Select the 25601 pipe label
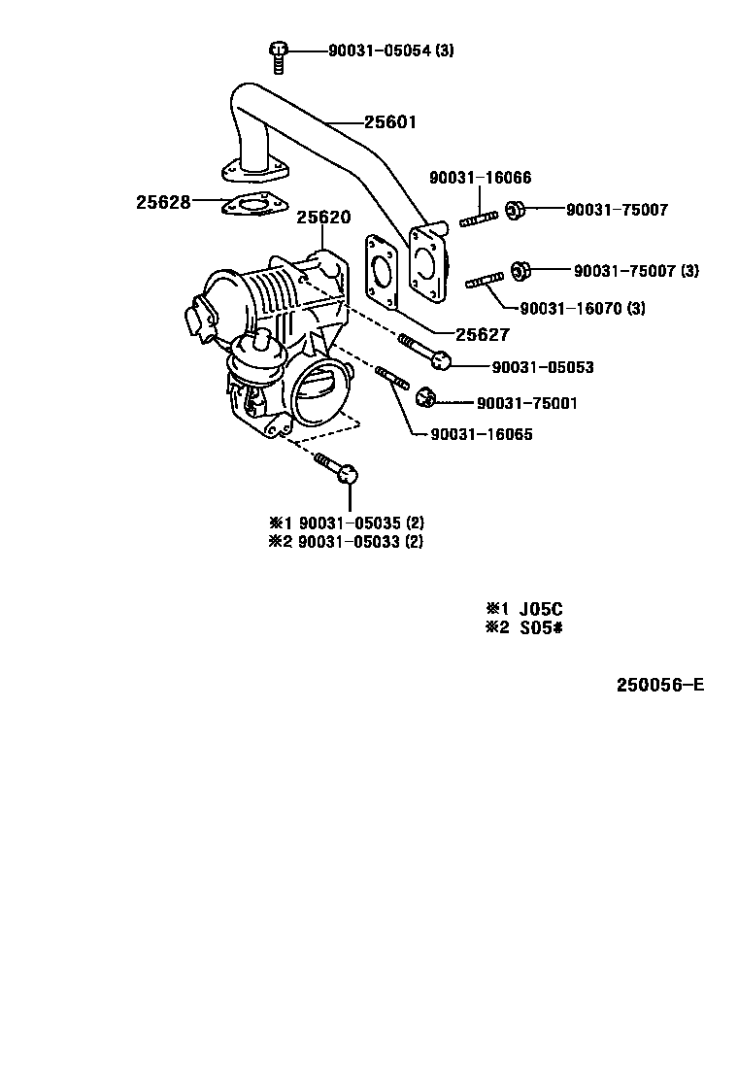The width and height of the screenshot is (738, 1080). coord(390,122)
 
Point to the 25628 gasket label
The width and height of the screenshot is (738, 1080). coord(162,202)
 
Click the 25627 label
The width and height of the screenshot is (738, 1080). coord(483,335)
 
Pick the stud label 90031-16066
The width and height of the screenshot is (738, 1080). coord(481,178)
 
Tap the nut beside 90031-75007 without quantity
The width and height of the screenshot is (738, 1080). coord(515,210)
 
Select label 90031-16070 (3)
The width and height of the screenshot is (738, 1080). coord(583,308)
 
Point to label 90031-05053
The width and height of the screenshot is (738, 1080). coord(543,367)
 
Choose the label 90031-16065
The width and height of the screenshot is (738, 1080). coord(482,434)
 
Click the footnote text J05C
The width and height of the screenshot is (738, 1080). coord(541,609)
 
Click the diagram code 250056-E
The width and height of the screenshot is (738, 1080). coord(660,685)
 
